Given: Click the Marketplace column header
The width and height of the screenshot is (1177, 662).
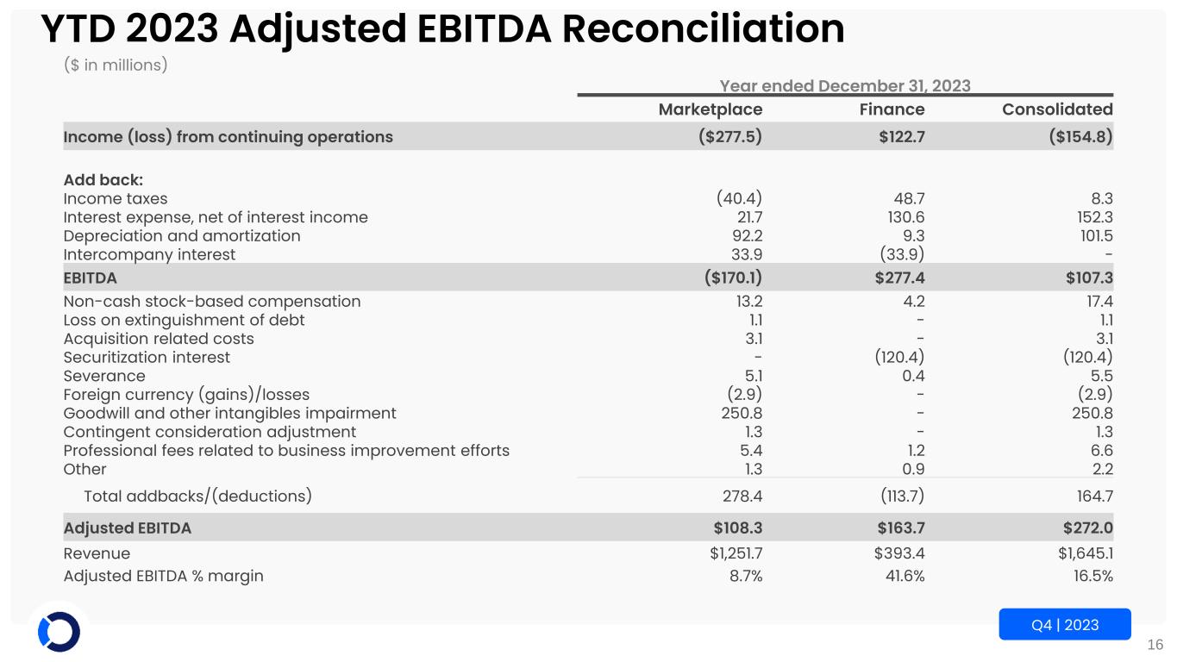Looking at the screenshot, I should tap(711, 109).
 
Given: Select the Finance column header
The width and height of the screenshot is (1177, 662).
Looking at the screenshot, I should tap(892, 109).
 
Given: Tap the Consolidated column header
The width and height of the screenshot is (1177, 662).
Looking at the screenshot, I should tap(1057, 109).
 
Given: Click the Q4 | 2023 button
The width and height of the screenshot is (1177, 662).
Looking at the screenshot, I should tap(1065, 624).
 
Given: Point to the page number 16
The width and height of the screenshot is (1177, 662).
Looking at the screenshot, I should tap(1155, 644).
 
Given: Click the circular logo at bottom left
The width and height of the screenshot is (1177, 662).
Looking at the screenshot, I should tap(59, 632).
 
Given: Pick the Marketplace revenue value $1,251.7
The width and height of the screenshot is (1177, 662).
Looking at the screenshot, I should tap(730, 553).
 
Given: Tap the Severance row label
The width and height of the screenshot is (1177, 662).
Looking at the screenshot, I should tap(104, 376).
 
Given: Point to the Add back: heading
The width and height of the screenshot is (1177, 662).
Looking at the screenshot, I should tap(103, 180).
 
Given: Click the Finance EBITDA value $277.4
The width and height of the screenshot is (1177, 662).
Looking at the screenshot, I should tap(899, 278).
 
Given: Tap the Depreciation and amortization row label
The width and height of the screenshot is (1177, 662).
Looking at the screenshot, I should tap(182, 235).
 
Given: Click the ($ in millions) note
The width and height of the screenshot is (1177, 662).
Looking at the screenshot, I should tap(116, 66).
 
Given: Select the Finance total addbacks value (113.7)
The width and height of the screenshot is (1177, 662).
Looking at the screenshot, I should tap(900, 496).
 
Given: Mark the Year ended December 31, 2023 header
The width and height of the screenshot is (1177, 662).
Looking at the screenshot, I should tap(845, 85).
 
